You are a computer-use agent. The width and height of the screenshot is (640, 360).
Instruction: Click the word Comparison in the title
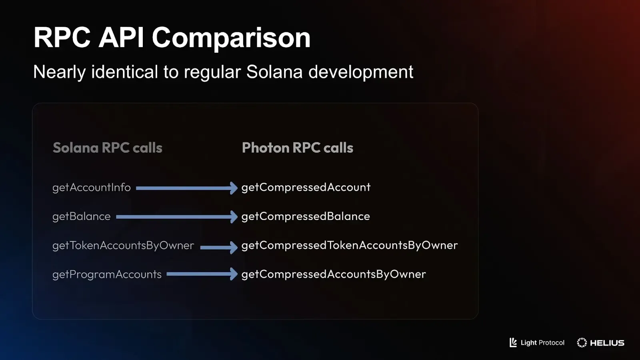231,38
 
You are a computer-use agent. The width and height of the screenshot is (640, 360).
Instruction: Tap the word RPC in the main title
62,38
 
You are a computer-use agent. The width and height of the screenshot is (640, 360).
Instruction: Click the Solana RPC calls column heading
107,148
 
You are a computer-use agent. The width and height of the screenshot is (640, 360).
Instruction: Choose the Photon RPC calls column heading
297,148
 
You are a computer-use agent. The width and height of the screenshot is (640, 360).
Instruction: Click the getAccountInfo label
91,187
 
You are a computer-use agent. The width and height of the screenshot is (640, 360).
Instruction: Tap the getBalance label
81,216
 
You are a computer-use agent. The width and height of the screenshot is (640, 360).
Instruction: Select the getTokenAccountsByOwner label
123,245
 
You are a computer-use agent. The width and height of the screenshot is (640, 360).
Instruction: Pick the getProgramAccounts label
107,274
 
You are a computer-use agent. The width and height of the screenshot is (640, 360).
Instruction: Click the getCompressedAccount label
306,187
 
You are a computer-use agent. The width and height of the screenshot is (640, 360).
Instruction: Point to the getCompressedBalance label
305,216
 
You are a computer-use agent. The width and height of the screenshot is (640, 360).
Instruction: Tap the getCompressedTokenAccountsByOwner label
349,245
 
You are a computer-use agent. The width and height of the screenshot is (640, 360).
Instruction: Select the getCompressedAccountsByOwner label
333,274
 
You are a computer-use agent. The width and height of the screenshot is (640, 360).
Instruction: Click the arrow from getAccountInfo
186,188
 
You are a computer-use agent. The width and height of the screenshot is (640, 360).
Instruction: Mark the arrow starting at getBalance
176,217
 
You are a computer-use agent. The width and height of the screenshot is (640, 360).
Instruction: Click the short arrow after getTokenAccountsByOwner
218,247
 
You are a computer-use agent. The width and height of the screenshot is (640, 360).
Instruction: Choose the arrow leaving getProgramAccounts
202,274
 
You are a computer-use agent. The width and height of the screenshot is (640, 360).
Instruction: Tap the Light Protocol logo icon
513,342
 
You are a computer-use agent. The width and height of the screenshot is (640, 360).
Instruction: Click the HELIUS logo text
607,343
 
